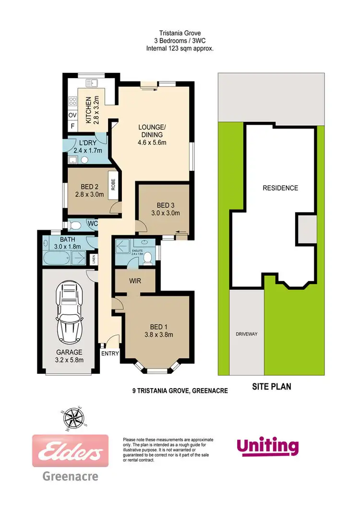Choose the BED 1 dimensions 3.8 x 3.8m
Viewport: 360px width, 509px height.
pos(158,335)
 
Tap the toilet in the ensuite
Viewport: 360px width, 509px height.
pos(148,259)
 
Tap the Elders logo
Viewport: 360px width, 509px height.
pos(70,451)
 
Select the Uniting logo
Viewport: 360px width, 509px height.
pos(267,446)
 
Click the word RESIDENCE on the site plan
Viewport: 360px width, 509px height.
pos(280,188)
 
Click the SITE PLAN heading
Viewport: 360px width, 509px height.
pos(271,386)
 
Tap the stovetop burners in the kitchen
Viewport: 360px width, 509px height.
pos(73,101)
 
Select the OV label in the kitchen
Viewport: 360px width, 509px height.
pos(72,116)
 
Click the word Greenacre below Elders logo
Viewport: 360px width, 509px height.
pos(70,476)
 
